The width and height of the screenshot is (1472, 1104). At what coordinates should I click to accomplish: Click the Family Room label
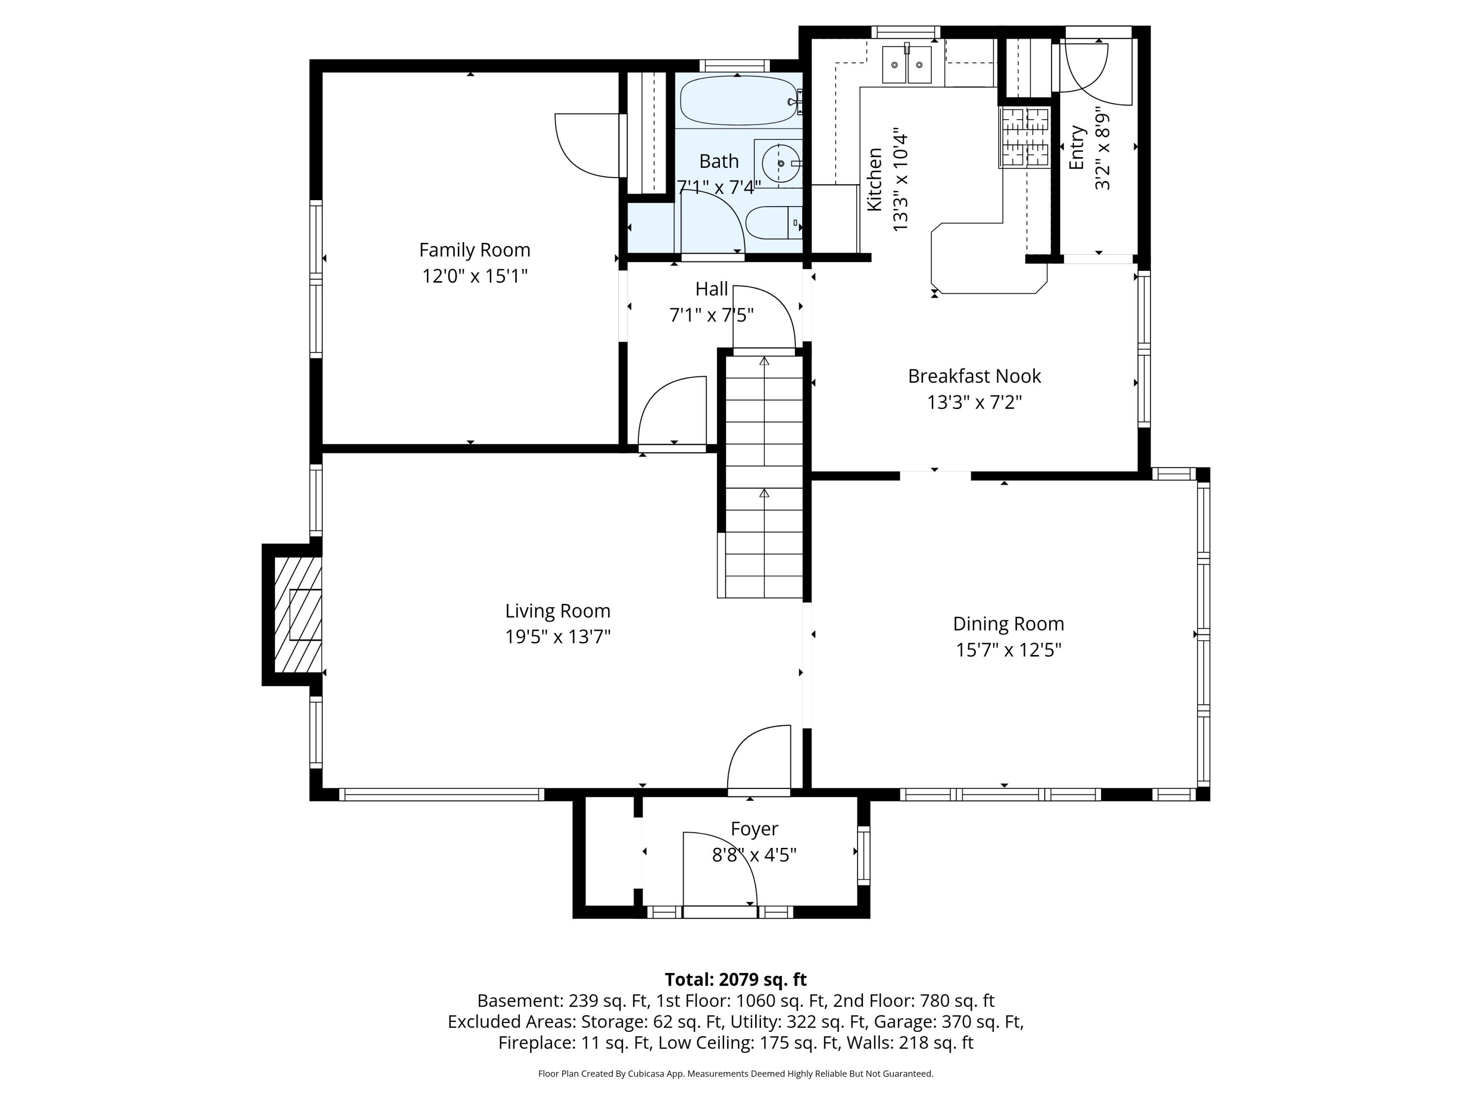(474, 250)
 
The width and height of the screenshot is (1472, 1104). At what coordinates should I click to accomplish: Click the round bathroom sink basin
(780, 163)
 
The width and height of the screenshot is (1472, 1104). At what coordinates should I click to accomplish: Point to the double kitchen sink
(906, 65)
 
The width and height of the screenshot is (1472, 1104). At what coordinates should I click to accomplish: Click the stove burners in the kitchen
(1025, 137)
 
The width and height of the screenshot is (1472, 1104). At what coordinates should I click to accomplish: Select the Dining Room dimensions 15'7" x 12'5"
(1008, 650)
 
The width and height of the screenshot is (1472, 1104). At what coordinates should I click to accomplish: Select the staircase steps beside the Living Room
(764, 476)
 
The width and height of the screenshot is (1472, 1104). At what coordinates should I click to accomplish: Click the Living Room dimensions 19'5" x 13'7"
(558, 637)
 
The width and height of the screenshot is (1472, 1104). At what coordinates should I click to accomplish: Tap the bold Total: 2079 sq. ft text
(736, 979)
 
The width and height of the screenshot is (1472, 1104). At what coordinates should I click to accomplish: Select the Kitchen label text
(874, 180)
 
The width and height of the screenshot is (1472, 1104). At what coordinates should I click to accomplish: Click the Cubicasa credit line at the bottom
(736, 1074)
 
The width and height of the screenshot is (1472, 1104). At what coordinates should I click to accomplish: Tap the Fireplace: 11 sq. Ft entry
(574, 1043)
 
